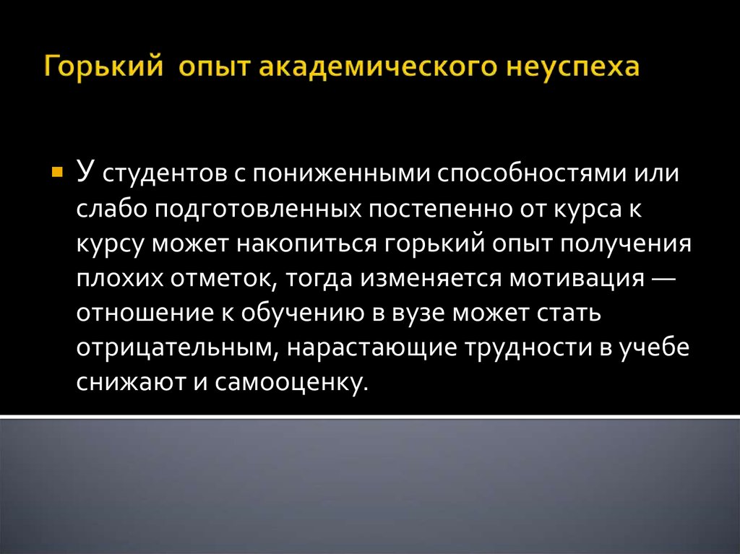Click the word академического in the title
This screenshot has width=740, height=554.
(379, 66)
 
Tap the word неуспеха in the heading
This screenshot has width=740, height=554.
(573, 67)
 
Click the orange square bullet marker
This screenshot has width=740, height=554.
(56, 171)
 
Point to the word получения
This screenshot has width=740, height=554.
(628, 244)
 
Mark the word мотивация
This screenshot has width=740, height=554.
(577, 279)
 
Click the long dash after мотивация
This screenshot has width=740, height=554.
(663, 278)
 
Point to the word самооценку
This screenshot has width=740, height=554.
(291, 383)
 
